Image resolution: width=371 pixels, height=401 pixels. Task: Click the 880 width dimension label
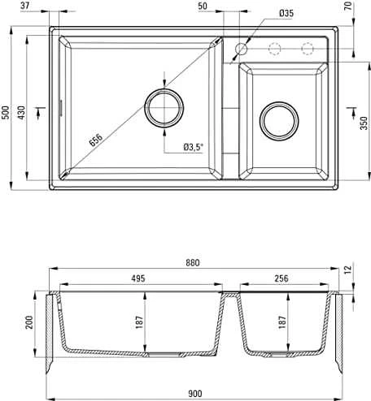click(193, 262)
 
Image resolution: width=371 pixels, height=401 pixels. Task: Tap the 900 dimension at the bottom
click(194, 394)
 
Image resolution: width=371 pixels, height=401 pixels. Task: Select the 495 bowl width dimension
click(138, 278)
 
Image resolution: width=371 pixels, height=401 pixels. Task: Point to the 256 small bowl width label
click(282, 278)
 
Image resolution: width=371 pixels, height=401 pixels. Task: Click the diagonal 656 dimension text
click(96, 140)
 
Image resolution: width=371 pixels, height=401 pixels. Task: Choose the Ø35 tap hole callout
click(286, 13)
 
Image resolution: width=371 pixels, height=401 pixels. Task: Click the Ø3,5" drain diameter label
click(193, 147)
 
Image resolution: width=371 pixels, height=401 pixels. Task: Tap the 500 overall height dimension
click(5, 112)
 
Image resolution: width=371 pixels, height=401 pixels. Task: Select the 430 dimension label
click(21, 112)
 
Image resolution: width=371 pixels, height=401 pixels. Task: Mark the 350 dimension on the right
click(364, 123)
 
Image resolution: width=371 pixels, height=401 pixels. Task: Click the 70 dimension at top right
click(348, 6)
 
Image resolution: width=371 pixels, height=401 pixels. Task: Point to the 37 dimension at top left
click(24, 6)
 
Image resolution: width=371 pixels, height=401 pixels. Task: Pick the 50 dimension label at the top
click(203, 6)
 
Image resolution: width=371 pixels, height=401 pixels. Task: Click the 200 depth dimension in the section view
click(29, 322)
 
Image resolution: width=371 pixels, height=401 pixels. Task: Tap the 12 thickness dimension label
click(348, 269)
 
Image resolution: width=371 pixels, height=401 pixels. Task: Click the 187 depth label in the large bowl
click(139, 322)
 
